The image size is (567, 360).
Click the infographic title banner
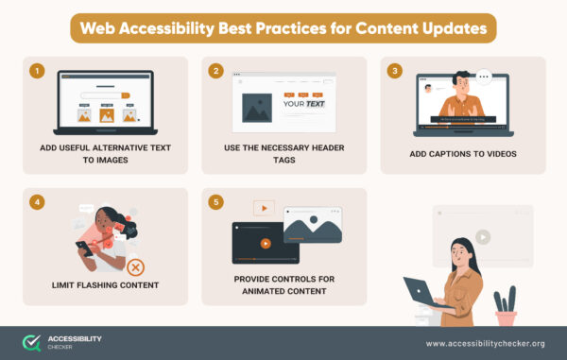(283, 28)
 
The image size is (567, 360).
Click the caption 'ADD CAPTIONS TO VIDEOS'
(462, 154)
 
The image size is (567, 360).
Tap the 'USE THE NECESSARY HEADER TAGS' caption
(283, 154)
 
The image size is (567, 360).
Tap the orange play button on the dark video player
(266, 242)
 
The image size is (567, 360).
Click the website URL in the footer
(486, 343)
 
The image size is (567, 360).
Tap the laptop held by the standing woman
(421, 291)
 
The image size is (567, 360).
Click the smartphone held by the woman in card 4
(81, 247)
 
